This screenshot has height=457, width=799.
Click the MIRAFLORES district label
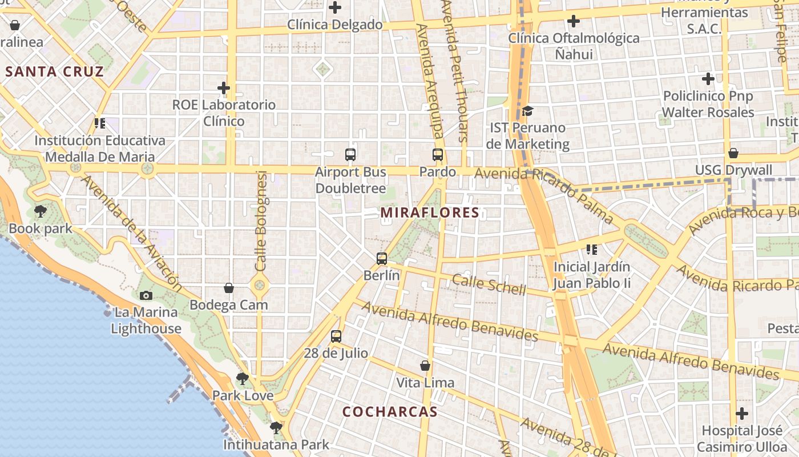coord(430,213)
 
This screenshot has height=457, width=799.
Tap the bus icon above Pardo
coord(438,154)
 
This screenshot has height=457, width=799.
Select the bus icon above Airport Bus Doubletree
coord(350,154)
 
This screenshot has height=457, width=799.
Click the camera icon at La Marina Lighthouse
coord(146,295)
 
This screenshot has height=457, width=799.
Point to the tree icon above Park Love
coord(243,378)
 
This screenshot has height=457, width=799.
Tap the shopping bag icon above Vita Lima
coord(425,366)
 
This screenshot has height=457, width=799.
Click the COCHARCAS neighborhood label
coord(390,412)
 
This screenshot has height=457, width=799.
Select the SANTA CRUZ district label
coord(55,71)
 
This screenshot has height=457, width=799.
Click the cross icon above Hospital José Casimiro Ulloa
coord(742,413)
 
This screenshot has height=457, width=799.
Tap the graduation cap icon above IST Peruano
coord(527,111)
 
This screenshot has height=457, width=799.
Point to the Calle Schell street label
coord(489,284)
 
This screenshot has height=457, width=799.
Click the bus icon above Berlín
coord(382,258)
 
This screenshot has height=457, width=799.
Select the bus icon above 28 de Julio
coord(336,336)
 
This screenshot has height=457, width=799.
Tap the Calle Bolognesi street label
coord(261,221)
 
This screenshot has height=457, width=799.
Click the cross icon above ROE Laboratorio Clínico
coord(224,88)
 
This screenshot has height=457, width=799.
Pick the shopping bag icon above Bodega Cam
coord(229,288)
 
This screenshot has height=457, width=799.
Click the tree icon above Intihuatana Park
coord(276,427)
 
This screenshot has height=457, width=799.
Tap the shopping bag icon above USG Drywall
coord(733,153)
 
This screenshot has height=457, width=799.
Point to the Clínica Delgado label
coord(334,25)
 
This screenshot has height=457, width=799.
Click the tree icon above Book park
coord(41,212)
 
